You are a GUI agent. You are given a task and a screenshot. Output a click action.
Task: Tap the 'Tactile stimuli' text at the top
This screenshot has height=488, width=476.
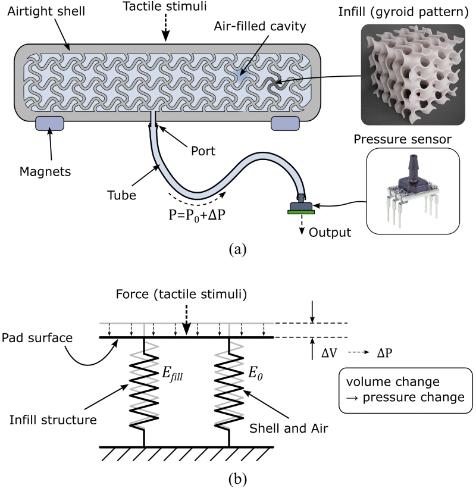coord(166,8)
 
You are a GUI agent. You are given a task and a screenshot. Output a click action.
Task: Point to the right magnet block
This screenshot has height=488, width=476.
coord(286,123)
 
